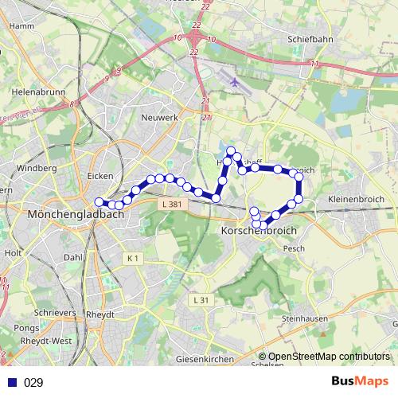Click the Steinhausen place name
point(305,318)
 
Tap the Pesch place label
point(294,248)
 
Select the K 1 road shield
point(132,259)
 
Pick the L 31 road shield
point(201,300)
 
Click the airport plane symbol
point(234,81)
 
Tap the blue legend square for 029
point(13,383)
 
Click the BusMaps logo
point(361,381)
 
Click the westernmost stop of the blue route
point(99,201)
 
